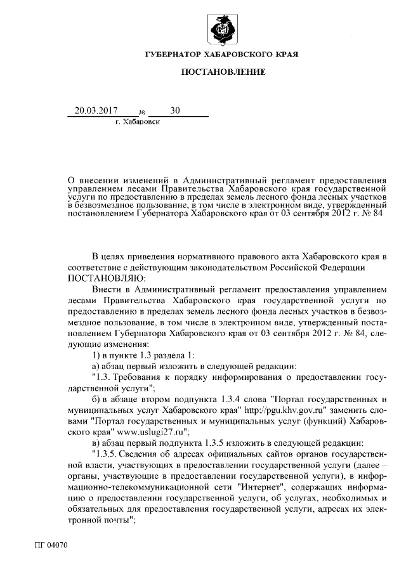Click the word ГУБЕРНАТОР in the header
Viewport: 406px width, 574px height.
tap(172, 55)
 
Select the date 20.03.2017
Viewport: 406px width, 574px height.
tap(96, 110)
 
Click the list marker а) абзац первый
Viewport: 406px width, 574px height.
tap(96, 365)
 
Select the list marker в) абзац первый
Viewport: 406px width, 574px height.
tap(96, 442)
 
